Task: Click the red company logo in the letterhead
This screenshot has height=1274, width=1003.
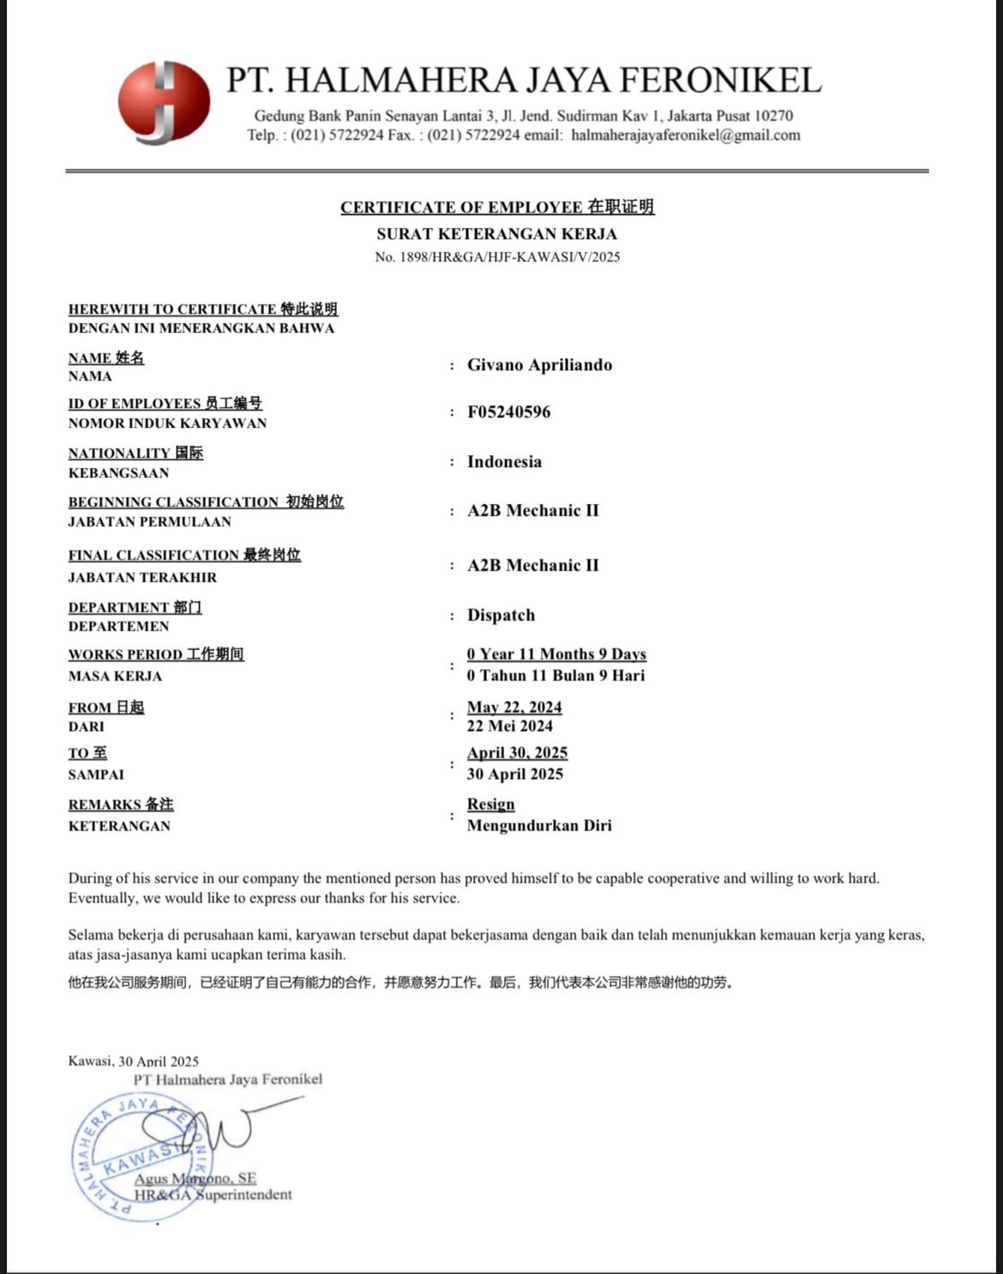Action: (x=164, y=102)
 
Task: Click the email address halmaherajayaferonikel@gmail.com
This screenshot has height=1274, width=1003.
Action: (x=685, y=135)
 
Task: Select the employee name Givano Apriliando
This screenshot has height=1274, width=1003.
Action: (x=539, y=365)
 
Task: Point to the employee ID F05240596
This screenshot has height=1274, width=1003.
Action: (x=508, y=412)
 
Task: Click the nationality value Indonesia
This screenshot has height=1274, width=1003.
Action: (x=504, y=462)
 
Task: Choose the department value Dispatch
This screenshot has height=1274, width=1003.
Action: (x=501, y=616)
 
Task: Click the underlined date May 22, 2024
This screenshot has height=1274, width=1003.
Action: (x=514, y=707)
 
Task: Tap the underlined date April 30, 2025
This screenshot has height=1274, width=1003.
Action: (x=517, y=753)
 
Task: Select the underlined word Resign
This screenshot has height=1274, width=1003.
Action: (x=490, y=804)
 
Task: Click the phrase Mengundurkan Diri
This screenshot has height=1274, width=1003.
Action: (x=539, y=826)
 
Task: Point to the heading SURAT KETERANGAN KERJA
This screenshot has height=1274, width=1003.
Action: (x=496, y=233)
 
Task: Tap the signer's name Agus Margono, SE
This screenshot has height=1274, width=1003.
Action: (x=195, y=1179)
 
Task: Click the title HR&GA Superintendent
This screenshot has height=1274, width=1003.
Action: (x=213, y=1194)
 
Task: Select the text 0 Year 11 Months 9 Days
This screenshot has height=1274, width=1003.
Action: (x=556, y=654)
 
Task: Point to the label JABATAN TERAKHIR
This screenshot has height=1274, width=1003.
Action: (x=142, y=578)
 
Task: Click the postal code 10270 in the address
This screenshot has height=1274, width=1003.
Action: (x=773, y=116)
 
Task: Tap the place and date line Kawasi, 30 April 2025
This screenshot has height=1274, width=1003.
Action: (x=134, y=1061)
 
